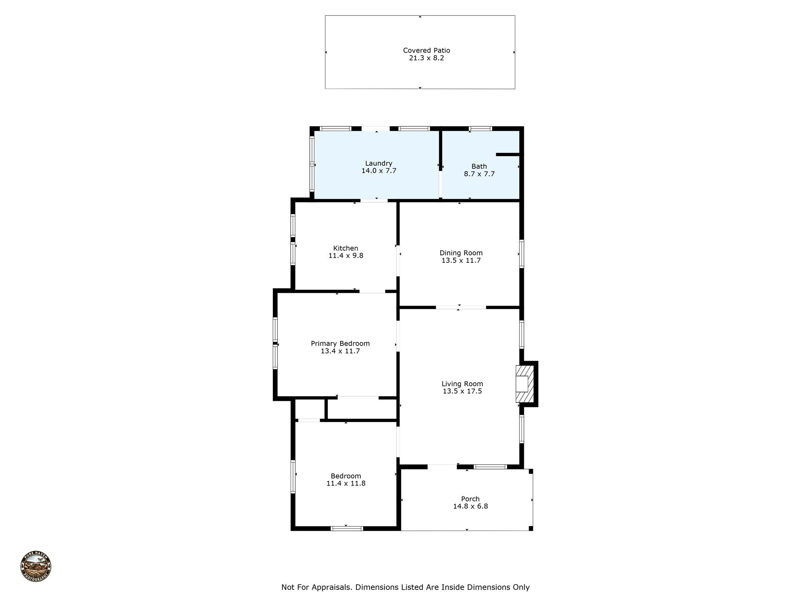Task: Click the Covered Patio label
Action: point(426,50)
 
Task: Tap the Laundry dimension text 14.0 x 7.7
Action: point(379,171)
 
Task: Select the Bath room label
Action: point(479,166)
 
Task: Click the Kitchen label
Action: point(346,248)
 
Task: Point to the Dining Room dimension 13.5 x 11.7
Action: point(461,260)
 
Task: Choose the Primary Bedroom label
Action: point(340,344)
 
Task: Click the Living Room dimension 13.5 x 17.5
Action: point(462,391)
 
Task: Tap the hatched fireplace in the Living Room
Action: point(525,384)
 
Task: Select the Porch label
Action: point(470,499)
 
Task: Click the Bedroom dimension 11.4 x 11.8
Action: point(346,483)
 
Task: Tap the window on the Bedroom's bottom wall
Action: point(346,528)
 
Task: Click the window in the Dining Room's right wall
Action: point(522,254)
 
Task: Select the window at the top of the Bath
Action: point(480,129)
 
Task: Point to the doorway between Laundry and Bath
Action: point(440,184)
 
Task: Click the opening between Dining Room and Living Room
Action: point(461,307)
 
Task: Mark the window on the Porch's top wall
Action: point(490,467)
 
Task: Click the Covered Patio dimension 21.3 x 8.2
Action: point(426,58)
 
